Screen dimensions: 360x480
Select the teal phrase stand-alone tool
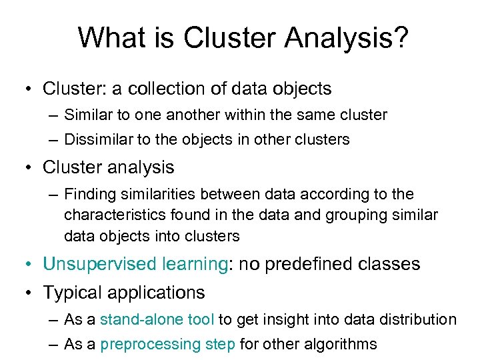157,320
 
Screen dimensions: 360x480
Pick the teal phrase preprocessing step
167,345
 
